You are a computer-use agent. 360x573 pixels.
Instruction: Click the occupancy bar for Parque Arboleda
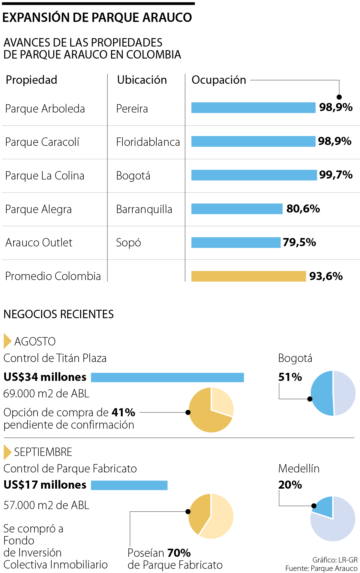click(253, 108)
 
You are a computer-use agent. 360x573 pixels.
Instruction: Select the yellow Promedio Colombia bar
click(248, 276)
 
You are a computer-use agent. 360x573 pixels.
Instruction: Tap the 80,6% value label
click(303, 209)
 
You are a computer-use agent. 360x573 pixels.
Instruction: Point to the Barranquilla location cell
click(144, 209)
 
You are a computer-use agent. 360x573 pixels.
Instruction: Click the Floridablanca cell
click(148, 142)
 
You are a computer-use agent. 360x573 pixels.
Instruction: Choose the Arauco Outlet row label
click(39, 243)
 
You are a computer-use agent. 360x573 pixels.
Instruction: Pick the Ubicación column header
click(142, 80)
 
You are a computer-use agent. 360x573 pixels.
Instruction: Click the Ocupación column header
click(219, 80)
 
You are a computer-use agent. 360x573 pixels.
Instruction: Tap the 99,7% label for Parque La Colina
click(336, 175)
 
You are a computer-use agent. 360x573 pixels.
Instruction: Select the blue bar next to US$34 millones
click(167, 377)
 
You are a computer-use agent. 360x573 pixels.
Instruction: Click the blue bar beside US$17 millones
click(129, 485)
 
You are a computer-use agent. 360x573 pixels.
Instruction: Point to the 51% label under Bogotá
click(290, 377)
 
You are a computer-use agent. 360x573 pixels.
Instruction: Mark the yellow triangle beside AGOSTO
click(7, 341)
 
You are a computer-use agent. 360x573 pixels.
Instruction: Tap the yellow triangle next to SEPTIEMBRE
click(7, 452)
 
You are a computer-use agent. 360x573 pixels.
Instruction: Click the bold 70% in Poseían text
click(179, 553)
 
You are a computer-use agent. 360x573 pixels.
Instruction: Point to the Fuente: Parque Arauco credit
click(321, 568)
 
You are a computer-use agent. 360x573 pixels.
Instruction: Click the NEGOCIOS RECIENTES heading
click(58, 314)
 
